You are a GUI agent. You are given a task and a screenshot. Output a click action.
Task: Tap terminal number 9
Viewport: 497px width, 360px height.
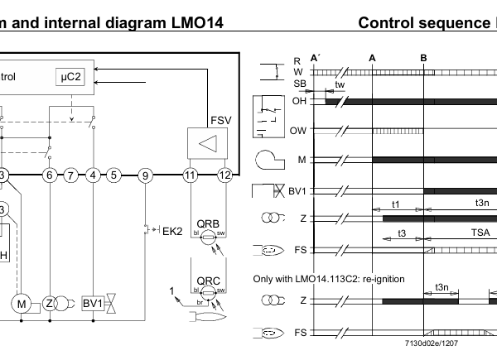(146, 175)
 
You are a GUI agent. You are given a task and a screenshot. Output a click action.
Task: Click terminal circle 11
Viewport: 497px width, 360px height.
(190, 175)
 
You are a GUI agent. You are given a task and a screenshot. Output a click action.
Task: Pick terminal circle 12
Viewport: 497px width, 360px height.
(224, 175)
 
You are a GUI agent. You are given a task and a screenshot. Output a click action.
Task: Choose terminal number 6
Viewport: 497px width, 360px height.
(51, 175)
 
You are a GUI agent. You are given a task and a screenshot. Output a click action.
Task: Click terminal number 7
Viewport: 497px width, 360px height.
(72, 175)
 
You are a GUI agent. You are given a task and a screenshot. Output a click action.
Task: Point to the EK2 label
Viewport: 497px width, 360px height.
(171, 230)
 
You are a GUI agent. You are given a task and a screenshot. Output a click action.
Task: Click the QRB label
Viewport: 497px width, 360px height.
(207, 224)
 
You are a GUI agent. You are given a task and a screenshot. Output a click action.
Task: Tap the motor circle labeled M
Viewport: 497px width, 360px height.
(21, 304)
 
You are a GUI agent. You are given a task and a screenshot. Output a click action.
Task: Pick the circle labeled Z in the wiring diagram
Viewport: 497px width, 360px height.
(50, 304)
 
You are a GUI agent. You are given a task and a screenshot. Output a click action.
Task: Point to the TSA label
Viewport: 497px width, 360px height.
(480, 234)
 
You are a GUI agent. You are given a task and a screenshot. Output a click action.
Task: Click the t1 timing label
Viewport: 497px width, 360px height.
(396, 204)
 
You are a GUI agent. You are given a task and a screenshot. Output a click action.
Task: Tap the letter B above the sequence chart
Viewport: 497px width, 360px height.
(423, 57)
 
